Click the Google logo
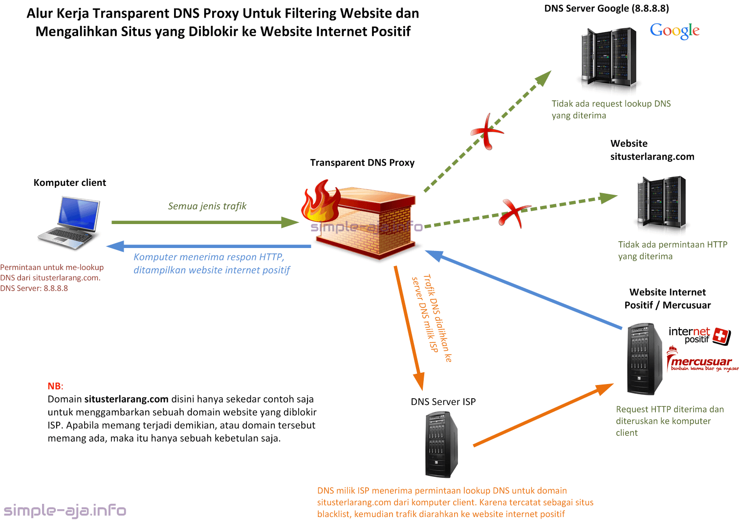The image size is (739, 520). point(674,31)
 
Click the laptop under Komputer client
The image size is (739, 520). point(70,223)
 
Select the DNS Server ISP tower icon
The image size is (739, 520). point(441,444)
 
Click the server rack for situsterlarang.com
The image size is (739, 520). point(661,203)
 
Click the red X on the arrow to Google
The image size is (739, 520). point(487,132)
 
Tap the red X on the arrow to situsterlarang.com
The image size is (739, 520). point(513,212)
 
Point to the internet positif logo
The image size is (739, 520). point(699,335)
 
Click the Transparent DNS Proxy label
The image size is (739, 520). point(362,162)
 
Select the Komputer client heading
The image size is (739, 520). point(69,182)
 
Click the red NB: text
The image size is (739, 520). point(55,386)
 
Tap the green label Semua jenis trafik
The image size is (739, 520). point(207,206)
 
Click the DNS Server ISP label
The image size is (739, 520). point(443,402)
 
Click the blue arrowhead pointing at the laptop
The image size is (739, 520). point(115,246)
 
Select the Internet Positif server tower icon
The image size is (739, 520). point(645,359)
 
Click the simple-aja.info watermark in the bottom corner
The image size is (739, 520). point(65,510)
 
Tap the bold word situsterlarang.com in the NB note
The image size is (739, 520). point(126,399)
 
